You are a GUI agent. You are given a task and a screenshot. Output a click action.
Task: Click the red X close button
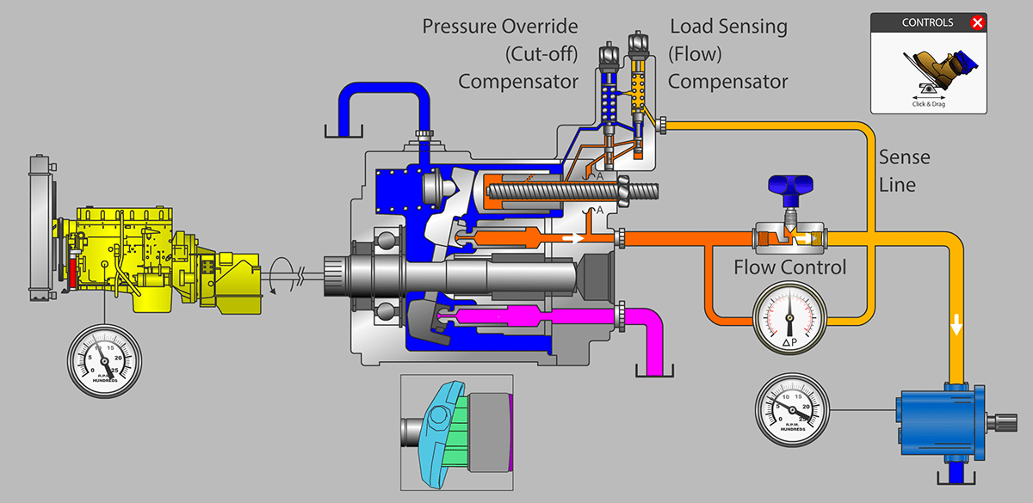(x=977, y=23)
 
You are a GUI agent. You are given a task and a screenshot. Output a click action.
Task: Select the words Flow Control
(x=789, y=267)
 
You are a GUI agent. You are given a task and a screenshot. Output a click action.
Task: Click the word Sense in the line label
(x=904, y=158)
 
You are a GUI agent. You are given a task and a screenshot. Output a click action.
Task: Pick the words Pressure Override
(x=500, y=26)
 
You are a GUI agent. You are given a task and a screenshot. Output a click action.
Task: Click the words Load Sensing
(x=728, y=26)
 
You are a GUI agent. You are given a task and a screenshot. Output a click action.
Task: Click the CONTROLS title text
(x=927, y=23)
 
